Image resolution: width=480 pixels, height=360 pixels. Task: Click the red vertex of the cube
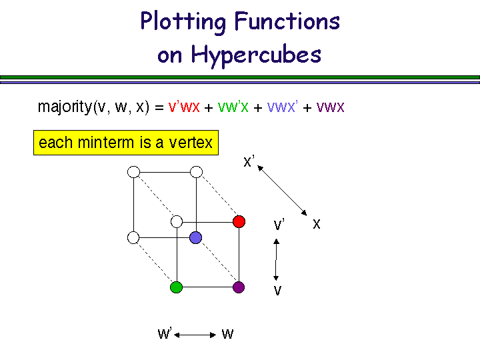coord(239,221)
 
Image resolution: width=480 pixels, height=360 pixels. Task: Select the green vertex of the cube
coord(176,287)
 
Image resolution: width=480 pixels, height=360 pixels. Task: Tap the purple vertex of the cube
coord(239,287)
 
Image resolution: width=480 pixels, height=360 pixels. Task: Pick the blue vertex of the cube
coord(195,237)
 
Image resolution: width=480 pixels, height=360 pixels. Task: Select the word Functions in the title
coord(287,22)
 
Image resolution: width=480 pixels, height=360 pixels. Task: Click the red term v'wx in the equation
coord(184,107)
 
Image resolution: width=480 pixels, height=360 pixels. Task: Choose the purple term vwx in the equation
coord(330,107)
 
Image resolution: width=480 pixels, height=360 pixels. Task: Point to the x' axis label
coord(249,161)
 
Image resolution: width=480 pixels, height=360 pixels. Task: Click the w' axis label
coord(164,334)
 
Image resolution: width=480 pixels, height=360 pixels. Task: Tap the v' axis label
coord(279,225)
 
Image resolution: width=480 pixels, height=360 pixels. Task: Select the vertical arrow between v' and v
coord(276,259)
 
